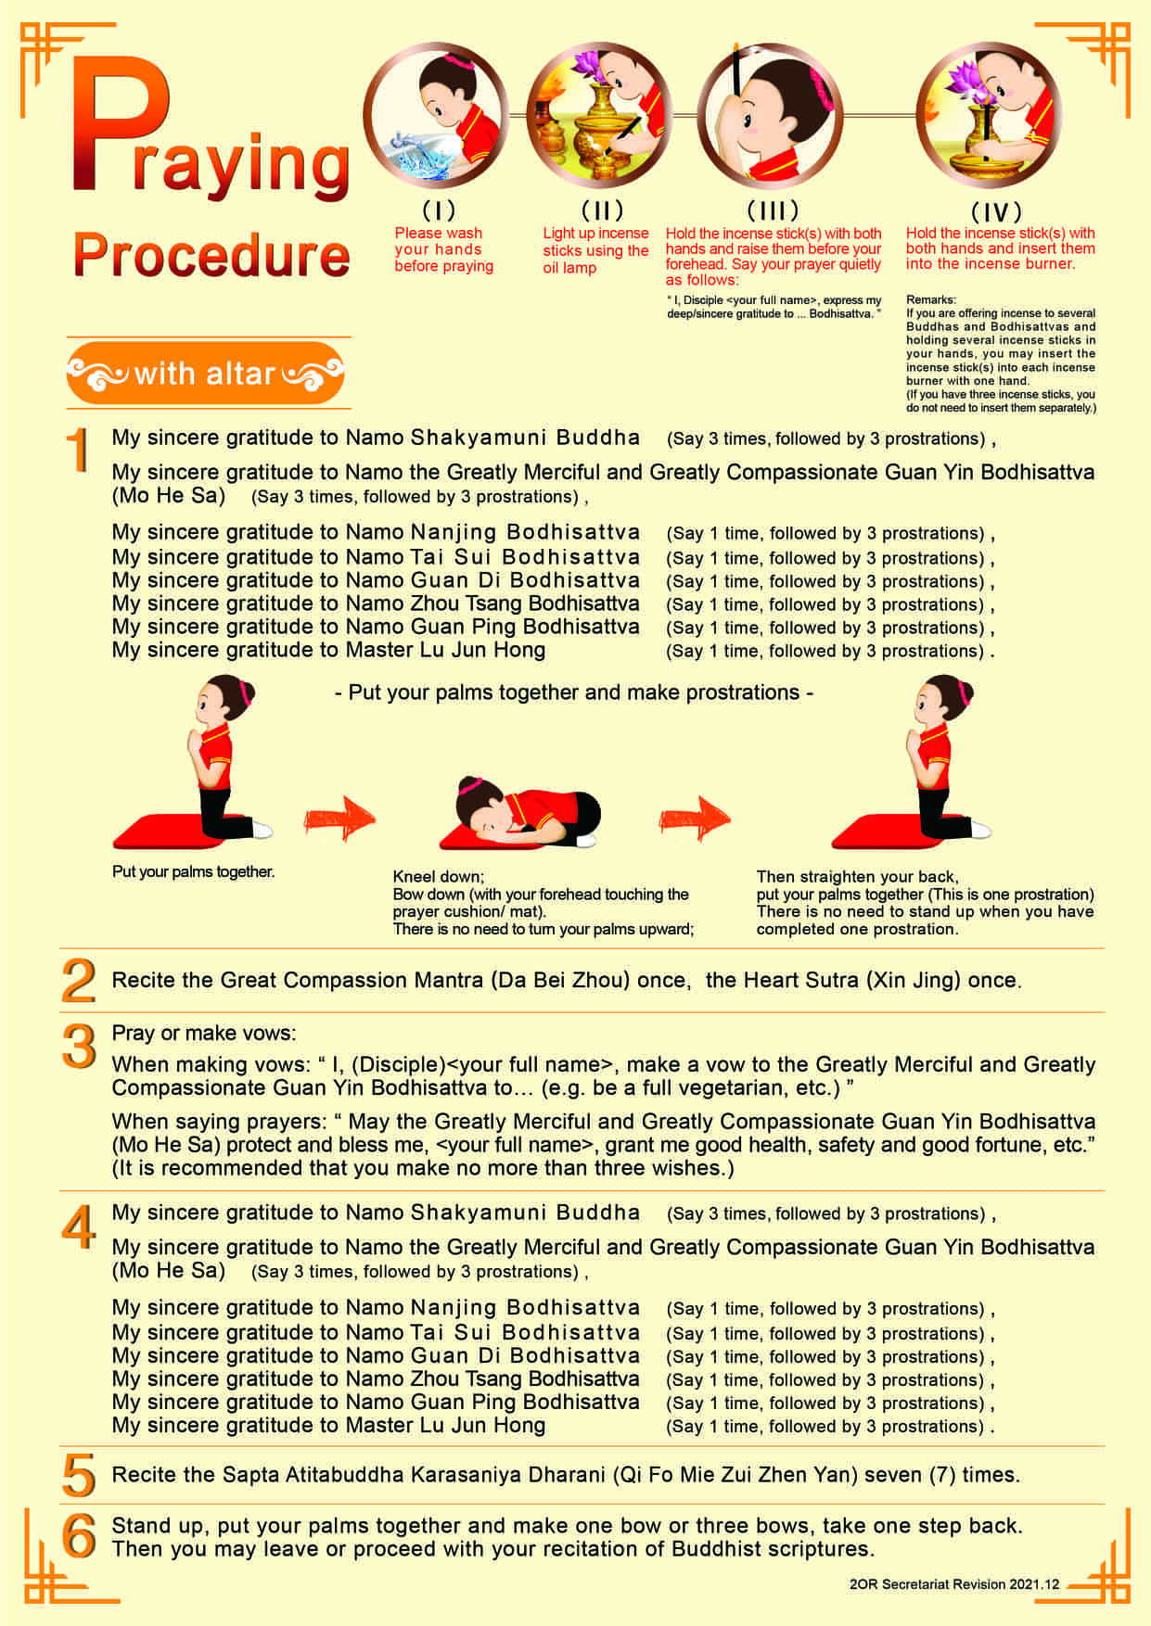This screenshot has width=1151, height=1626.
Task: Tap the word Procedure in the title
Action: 211,255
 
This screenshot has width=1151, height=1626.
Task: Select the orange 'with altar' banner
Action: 206,374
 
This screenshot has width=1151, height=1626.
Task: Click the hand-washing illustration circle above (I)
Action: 436,116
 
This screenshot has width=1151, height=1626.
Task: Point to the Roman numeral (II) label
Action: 602,210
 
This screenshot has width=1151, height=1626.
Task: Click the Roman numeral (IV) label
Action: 996,211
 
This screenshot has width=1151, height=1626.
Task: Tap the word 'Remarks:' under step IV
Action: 930,299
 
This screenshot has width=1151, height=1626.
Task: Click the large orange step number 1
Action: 79,451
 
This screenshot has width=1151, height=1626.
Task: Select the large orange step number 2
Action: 79,981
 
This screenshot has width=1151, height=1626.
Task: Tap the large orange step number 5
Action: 79,1475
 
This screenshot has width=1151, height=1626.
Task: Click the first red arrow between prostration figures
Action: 339,819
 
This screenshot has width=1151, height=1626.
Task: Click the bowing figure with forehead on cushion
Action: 519,813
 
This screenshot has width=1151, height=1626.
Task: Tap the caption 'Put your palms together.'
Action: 193,871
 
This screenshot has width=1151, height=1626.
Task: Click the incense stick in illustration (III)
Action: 735,69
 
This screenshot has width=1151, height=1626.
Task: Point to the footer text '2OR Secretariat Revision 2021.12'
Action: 953,1584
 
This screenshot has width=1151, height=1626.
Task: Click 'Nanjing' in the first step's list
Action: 455,533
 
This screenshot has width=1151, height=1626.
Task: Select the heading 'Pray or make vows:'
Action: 204,1034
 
